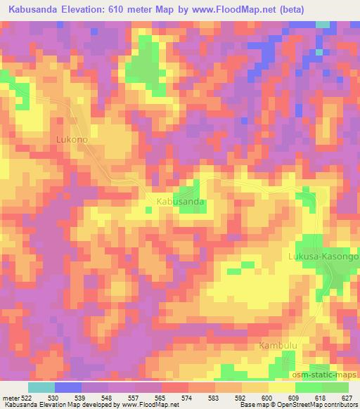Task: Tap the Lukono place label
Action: (72, 140)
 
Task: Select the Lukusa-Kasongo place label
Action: (323, 257)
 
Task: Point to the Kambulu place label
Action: (277, 346)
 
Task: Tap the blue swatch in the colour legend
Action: (67, 387)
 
